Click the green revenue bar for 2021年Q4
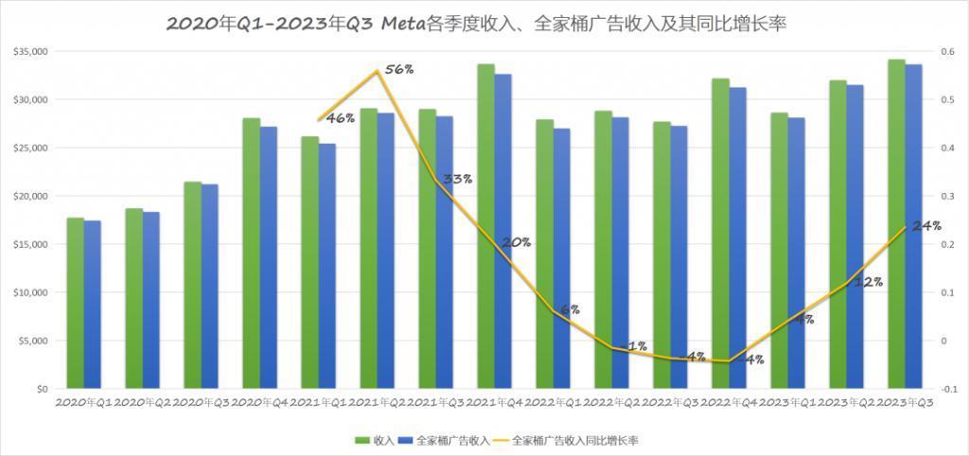tap(485, 226)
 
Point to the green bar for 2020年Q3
tap(192, 285)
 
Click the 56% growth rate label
tap(399, 70)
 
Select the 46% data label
tap(340, 118)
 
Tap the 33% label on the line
tap(457, 179)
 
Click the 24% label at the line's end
tap(926, 225)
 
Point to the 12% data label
tap(869, 281)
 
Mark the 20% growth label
tap(516, 242)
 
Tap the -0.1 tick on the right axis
tap(945, 389)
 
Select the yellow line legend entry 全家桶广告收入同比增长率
tap(568, 440)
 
